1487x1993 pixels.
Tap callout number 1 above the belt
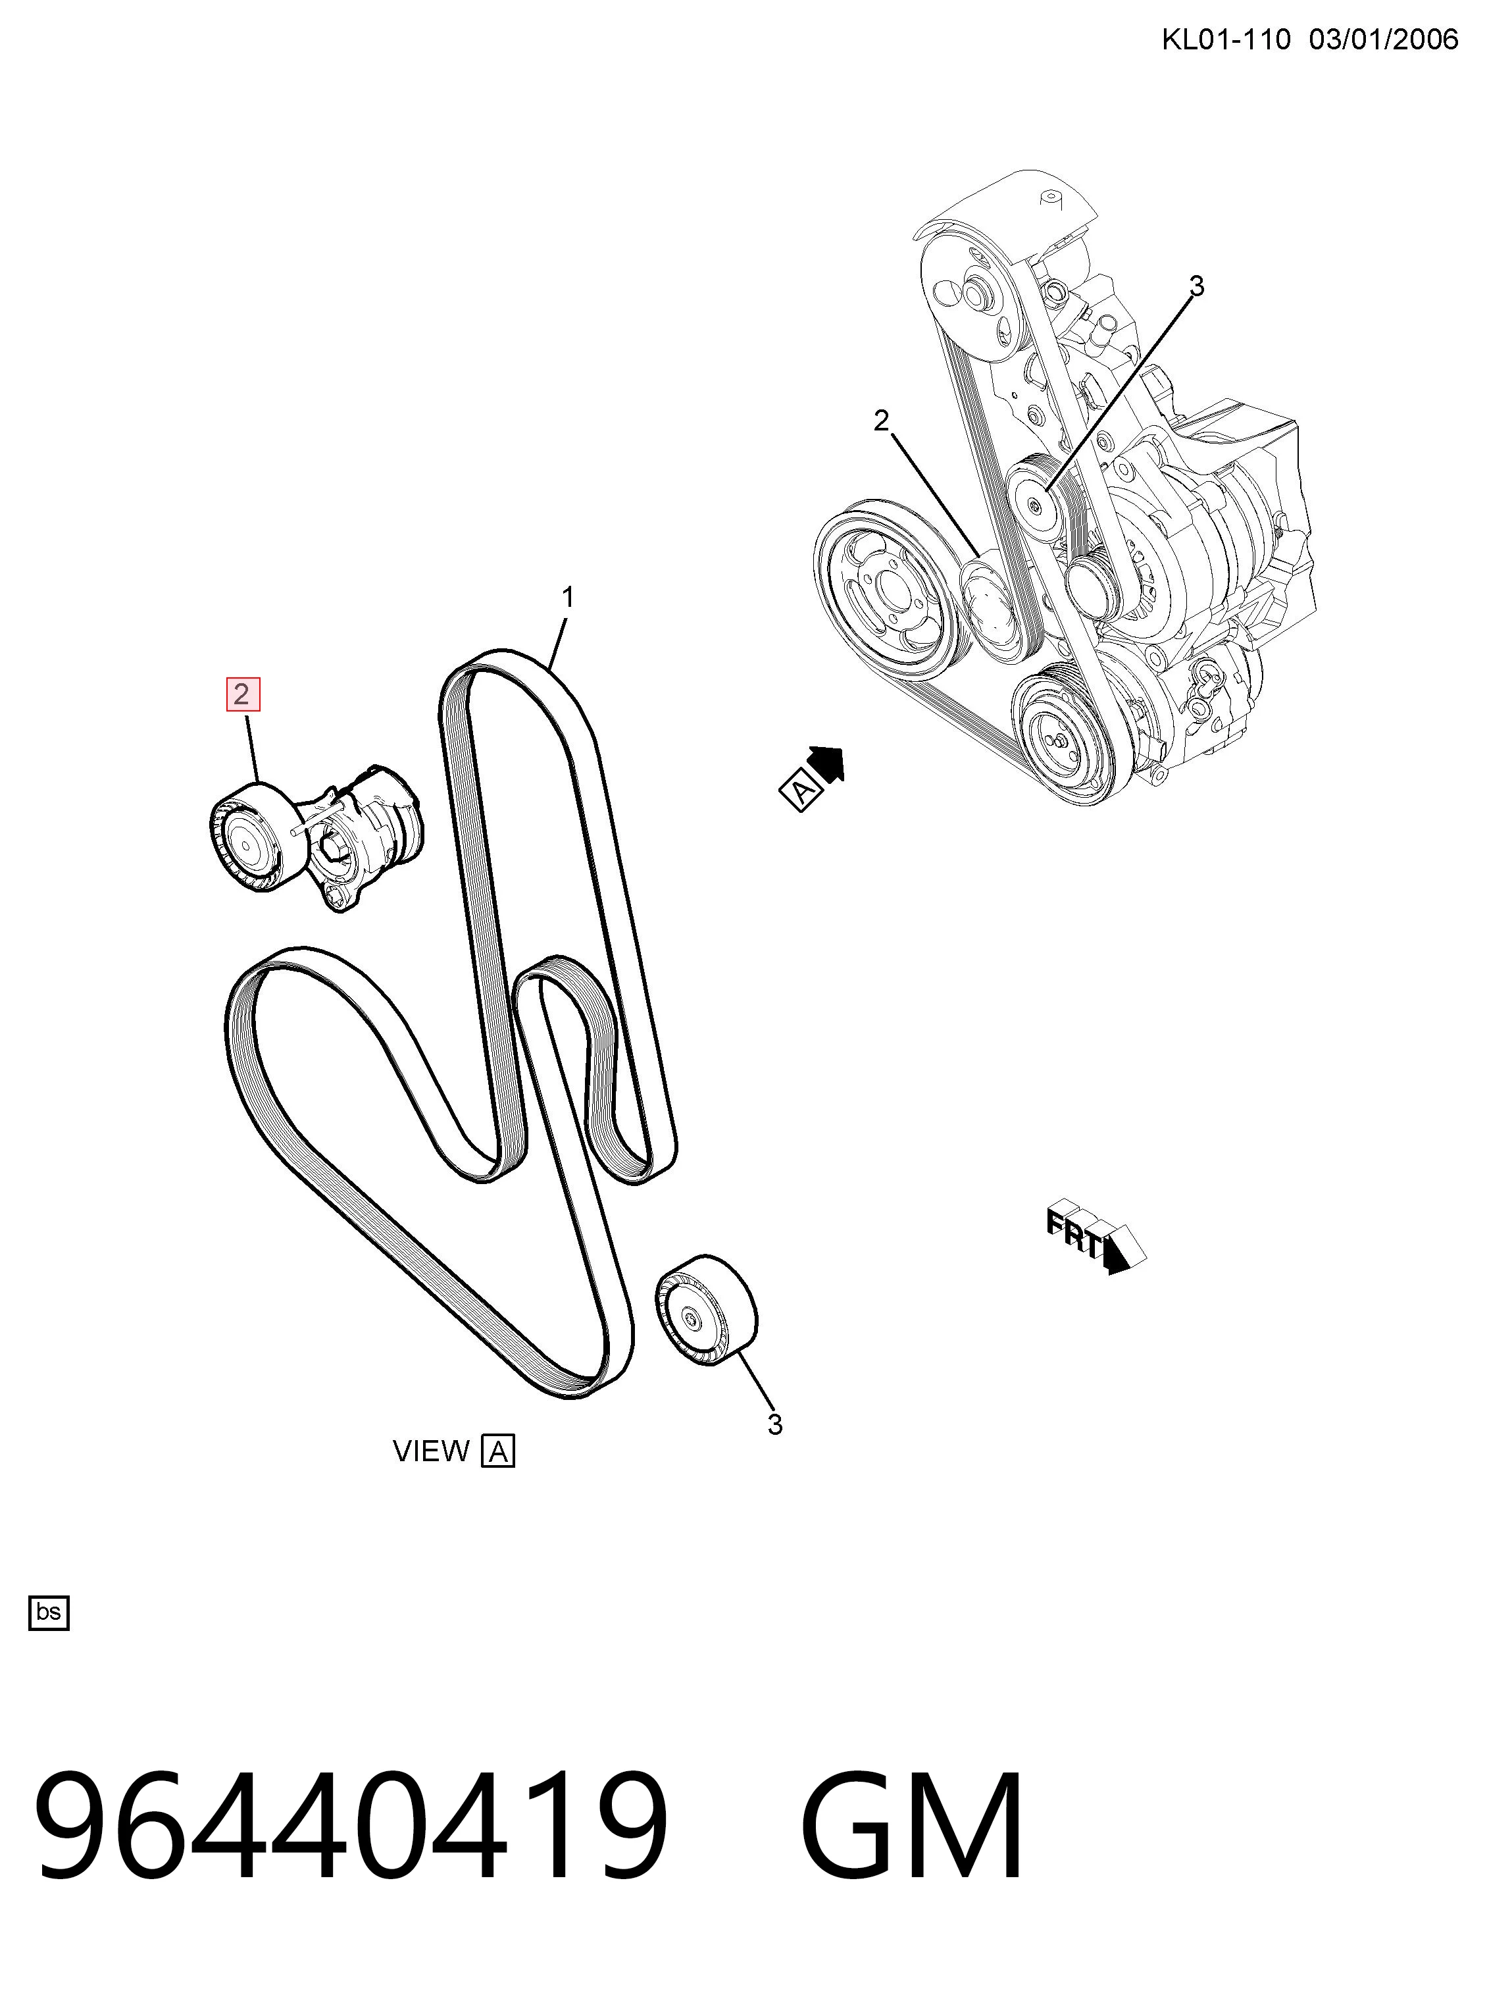(567, 597)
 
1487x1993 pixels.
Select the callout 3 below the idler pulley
(775, 1425)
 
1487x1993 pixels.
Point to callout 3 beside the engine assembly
(1196, 286)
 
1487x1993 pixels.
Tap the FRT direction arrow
(1096, 1235)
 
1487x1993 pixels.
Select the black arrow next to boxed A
(827, 764)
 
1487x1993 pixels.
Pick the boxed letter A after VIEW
(498, 1451)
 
